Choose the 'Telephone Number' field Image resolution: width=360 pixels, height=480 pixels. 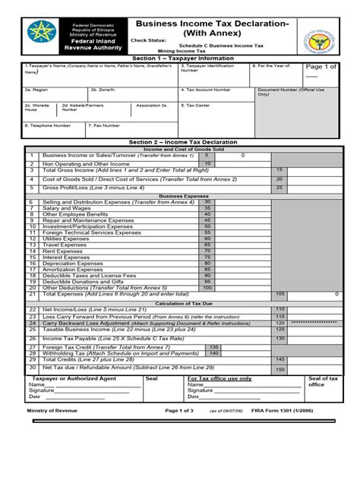tap(49, 125)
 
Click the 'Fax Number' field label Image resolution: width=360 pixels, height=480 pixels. tap(104, 125)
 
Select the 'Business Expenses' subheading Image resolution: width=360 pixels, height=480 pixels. tap(179, 195)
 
